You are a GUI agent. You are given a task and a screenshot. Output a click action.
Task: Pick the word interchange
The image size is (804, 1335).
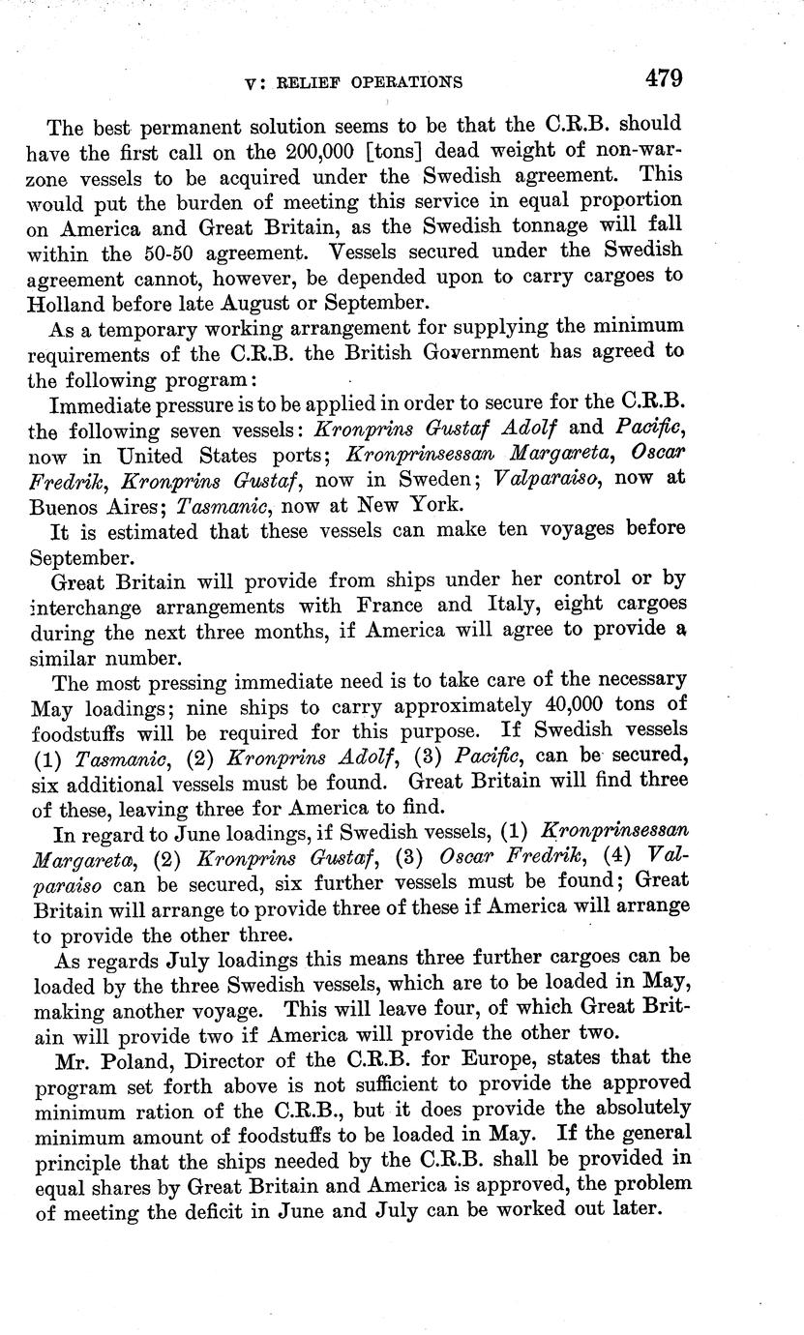coord(88,606)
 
